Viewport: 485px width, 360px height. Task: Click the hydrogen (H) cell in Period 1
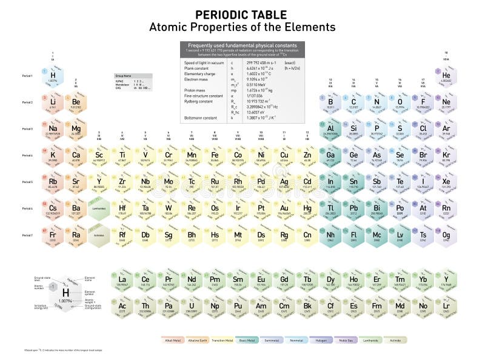click(53, 76)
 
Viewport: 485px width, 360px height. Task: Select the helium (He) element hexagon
click(446, 76)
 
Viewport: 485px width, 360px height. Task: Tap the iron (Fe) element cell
click(215, 156)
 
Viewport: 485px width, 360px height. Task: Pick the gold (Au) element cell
click(284, 209)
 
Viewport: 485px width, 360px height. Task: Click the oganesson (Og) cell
click(446, 236)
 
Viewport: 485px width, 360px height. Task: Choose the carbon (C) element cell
click(353, 102)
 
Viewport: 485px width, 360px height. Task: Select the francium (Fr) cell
click(53, 236)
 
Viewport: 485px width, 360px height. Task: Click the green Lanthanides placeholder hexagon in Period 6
click(99, 208)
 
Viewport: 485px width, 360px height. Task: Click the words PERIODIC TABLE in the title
click(242, 15)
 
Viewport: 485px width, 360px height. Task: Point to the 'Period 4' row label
click(27, 155)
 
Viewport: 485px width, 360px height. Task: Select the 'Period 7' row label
click(27, 235)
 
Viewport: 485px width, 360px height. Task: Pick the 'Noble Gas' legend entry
click(346, 340)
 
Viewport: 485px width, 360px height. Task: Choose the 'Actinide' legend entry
click(395, 340)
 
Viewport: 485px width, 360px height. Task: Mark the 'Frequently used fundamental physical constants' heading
click(242, 45)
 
